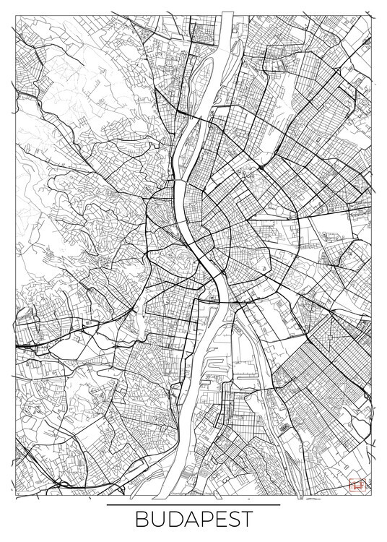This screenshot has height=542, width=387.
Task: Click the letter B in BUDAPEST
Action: click(141, 520)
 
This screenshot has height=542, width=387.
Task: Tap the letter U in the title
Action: click(157, 520)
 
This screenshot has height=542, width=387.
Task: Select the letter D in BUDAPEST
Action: click(173, 520)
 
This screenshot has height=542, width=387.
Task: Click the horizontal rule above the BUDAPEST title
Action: click(193, 504)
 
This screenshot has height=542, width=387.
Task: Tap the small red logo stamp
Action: click(355, 486)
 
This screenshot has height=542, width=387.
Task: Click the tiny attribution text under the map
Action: click(193, 496)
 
